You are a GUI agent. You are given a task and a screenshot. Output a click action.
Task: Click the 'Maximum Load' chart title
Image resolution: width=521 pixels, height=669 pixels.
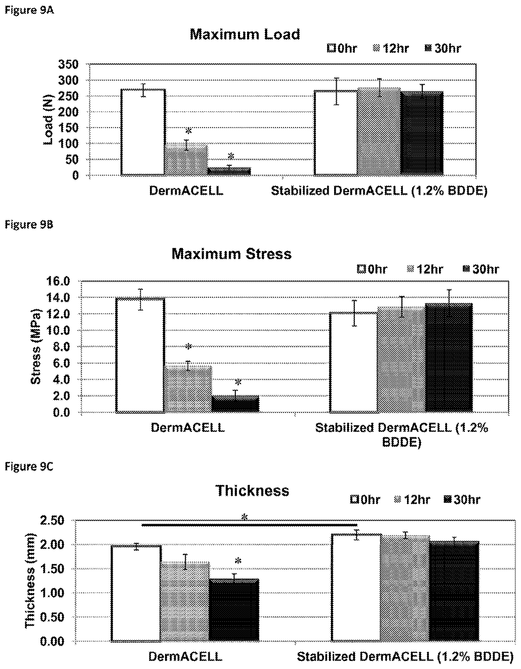click(245, 34)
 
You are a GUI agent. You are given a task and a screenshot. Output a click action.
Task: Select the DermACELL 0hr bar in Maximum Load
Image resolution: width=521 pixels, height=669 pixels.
click(143, 132)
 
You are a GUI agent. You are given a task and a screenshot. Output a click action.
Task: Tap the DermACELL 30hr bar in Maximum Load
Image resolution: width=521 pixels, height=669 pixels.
click(229, 171)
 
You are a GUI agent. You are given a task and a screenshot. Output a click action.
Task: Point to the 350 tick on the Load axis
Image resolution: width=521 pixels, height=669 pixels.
click(69, 64)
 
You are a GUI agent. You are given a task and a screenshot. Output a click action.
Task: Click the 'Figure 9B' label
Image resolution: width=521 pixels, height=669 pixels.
click(29, 225)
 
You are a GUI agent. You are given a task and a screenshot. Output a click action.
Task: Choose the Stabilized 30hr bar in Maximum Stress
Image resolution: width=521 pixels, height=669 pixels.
click(449, 358)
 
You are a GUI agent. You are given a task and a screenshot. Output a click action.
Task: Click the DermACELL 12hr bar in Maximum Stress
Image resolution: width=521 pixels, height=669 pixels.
click(188, 389)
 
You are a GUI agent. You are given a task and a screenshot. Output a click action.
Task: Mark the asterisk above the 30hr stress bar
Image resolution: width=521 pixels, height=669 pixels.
click(238, 382)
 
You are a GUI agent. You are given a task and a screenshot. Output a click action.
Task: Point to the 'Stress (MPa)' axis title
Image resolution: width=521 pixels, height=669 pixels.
click(36, 346)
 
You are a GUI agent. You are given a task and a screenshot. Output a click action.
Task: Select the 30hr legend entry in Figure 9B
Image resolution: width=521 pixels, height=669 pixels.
click(481, 269)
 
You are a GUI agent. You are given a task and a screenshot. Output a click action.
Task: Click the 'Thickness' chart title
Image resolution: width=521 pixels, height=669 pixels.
click(252, 491)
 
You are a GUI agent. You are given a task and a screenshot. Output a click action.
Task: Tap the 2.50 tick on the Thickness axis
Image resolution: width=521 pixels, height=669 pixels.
click(52, 521)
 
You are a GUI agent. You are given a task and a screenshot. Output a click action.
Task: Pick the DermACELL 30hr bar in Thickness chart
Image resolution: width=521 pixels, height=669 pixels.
click(234, 610)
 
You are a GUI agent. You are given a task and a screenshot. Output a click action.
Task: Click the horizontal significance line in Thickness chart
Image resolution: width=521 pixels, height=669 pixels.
click(249, 525)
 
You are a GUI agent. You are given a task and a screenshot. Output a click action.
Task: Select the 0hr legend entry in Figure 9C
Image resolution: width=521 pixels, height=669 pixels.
click(365, 500)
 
